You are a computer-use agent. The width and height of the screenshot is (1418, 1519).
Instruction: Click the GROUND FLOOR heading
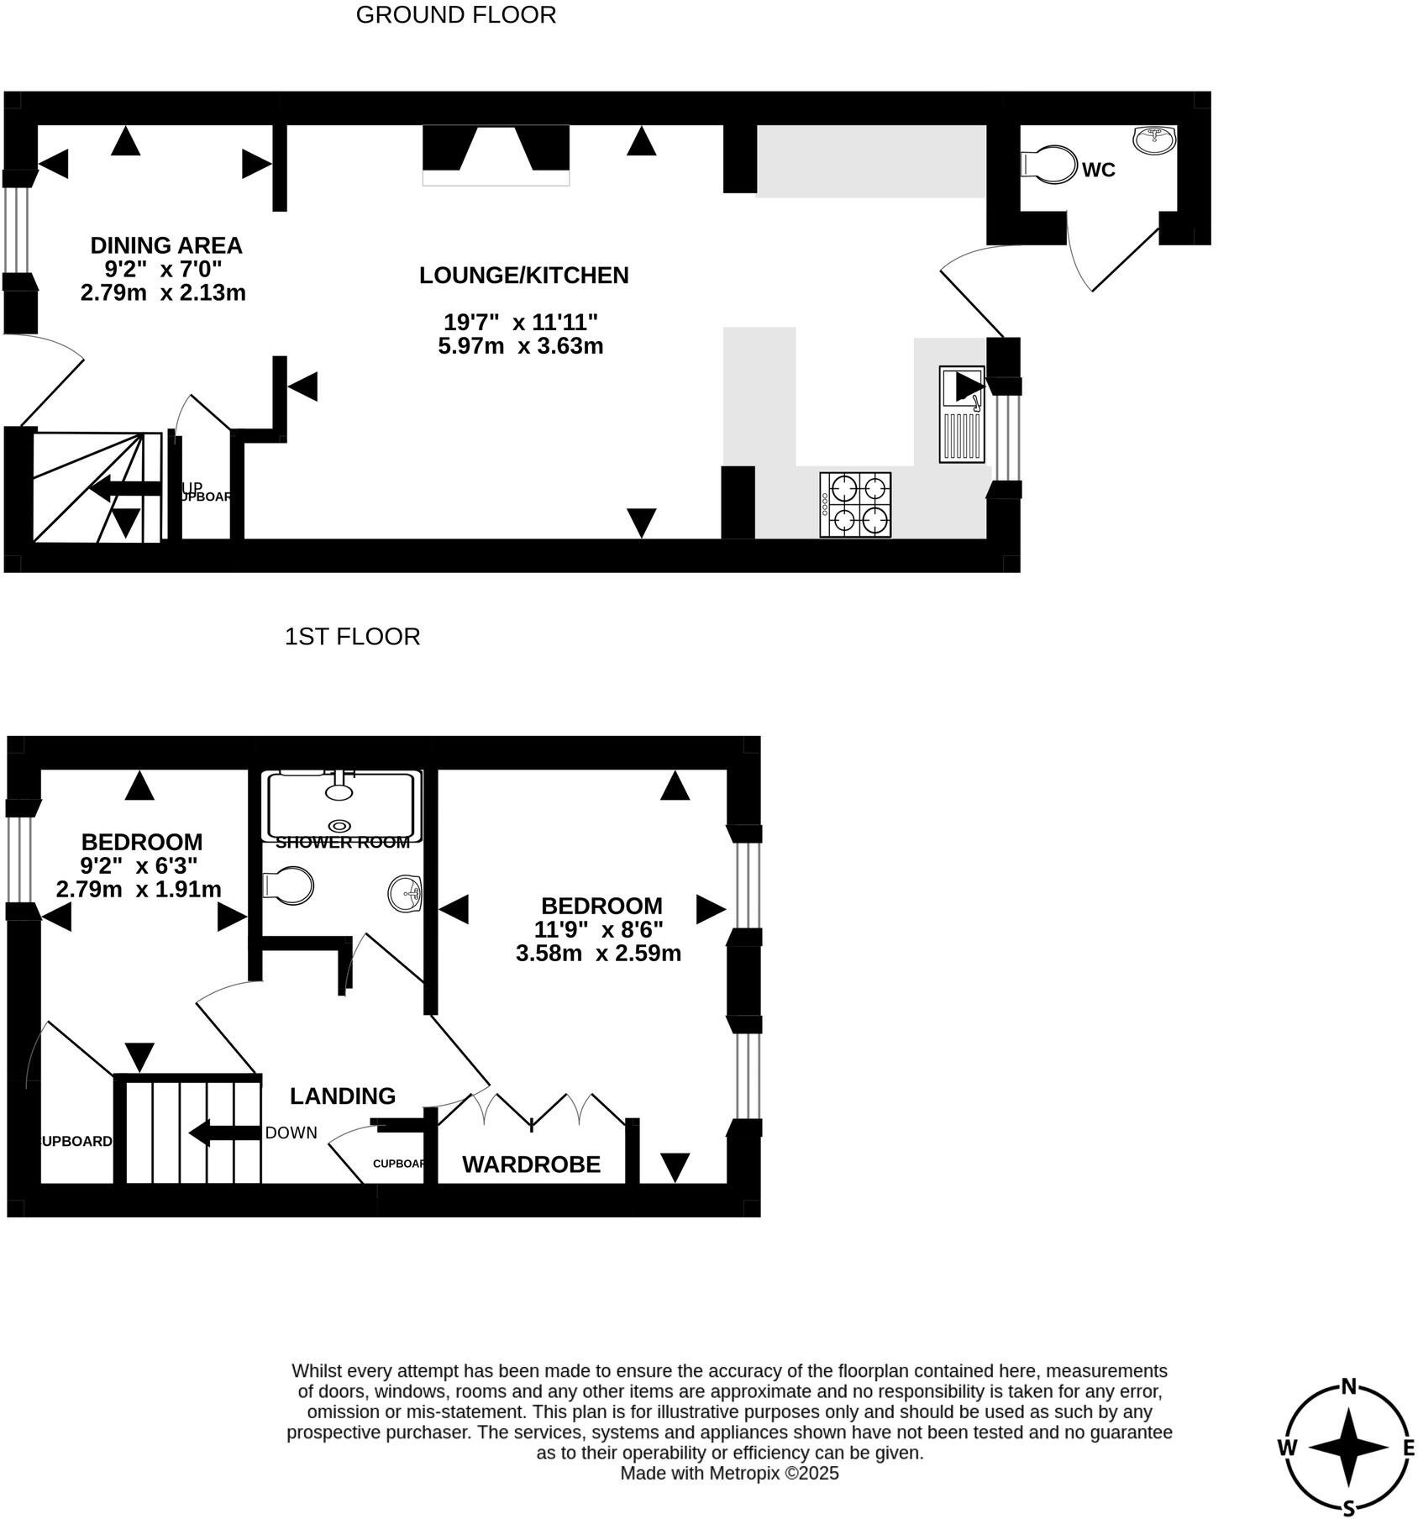coord(455,15)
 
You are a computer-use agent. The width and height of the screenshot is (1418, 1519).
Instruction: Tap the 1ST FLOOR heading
coord(352,637)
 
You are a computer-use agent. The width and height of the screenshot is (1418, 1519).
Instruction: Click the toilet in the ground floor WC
coord(1050,165)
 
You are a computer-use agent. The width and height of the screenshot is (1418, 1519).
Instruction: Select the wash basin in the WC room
coord(1155,139)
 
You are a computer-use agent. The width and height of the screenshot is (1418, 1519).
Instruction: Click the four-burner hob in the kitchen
coord(855,504)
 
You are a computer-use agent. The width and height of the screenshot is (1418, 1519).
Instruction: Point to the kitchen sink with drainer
coord(962,414)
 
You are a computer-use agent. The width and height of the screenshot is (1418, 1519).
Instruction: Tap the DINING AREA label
coord(166,245)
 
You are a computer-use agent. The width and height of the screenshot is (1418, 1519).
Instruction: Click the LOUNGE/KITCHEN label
coord(523,276)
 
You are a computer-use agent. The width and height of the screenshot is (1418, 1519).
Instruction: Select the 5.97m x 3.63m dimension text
coord(520,346)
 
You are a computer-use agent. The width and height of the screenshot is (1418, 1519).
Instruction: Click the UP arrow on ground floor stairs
coord(126,488)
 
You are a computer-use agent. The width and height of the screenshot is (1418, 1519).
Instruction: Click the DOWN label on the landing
coord(291,1133)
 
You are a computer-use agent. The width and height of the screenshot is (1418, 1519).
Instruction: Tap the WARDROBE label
coord(531,1164)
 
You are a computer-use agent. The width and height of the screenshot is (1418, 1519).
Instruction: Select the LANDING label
coord(342,1096)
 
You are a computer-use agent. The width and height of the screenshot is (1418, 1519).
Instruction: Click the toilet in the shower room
coord(288,886)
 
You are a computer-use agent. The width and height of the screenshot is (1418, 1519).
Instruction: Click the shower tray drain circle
coord(341,826)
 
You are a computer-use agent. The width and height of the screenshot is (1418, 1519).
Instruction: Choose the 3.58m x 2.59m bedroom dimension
coord(598,954)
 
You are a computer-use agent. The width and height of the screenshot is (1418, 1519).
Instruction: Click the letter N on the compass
coord(1349,1387)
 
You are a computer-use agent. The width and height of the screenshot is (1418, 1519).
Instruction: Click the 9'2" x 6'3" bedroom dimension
coord(139,865)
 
